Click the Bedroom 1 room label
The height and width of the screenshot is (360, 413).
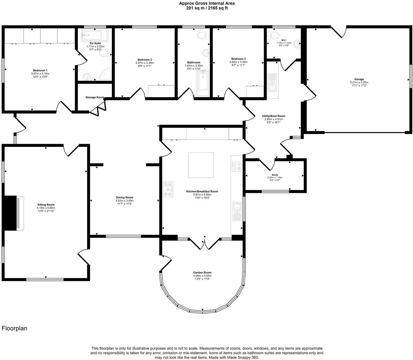tap(40, 70)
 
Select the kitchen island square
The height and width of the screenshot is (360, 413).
tap(201, 165)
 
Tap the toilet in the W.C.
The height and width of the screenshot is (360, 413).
tap(273, 36)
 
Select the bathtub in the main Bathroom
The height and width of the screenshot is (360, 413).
tap(203, 83)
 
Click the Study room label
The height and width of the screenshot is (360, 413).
tap(275, 175)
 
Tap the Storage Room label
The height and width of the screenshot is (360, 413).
tap(95, 97)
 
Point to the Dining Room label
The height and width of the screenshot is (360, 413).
tap(125, 197)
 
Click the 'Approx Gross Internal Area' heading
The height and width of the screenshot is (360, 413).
tap(206, 3)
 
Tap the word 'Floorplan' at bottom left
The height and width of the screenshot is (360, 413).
tap(14, 328)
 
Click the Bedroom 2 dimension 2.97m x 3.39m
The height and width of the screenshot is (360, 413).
tap(145, 63)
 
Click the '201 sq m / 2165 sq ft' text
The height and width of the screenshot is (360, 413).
tap(206, 8)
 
